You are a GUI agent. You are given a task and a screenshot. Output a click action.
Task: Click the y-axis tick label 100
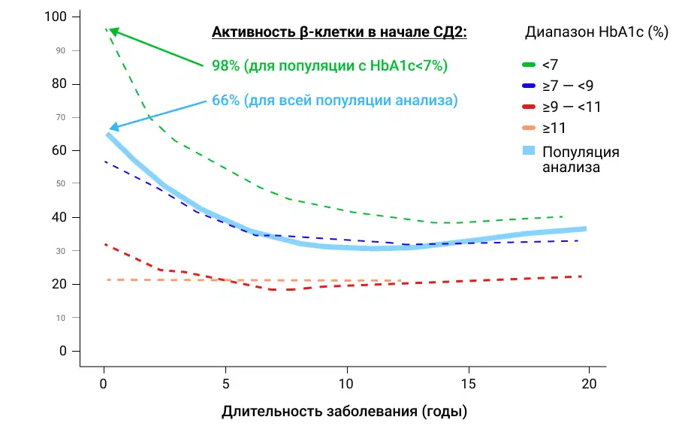58,17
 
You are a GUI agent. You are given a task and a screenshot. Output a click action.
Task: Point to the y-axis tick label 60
61,151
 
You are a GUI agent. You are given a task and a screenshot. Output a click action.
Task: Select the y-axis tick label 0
65,351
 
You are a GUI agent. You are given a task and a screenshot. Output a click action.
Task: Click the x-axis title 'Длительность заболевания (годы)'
344,412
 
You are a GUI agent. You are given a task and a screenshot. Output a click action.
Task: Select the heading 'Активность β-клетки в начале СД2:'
339,33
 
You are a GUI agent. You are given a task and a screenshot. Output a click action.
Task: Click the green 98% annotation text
329,66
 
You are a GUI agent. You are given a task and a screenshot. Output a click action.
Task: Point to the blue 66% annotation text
334,100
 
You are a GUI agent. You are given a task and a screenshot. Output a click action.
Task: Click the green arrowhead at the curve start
113,31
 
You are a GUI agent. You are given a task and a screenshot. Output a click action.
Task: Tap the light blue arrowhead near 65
112,128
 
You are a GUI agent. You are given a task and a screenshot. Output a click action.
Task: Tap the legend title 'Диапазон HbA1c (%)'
596,33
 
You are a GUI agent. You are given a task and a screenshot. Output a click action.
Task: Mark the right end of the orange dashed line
400,281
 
